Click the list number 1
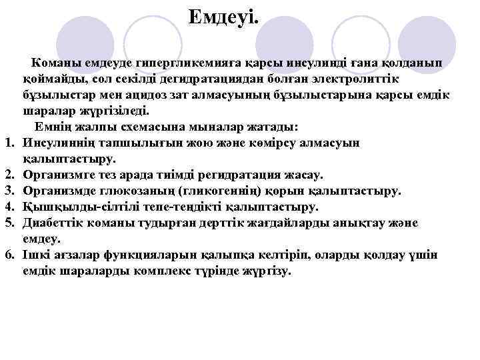pyautogui.click(x=9, y=142)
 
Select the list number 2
pyautogui.click(x=9, y=175)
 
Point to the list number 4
pyautogui.click(x=9, y=207)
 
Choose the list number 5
pyautogui.click(x=9, y=223)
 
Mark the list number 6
pyautogui.click(x=9, y=255)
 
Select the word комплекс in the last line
pyautogui.click(x=189, y=271)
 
